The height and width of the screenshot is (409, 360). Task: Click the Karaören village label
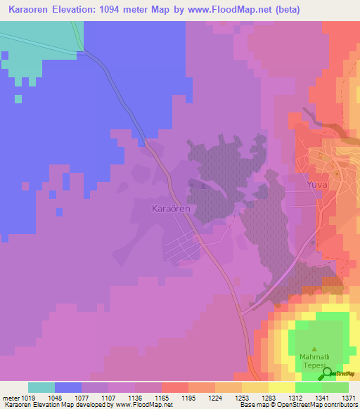click(172, 209)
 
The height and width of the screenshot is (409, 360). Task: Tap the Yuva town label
click(318, 185)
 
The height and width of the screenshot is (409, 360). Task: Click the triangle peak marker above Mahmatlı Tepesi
click(314, 349)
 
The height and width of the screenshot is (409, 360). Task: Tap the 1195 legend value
click(187, 398)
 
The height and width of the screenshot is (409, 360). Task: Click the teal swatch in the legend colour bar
click(41, 387)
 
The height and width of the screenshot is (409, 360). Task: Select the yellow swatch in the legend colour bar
click(281, 387)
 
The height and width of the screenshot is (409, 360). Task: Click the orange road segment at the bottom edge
click(252, 365)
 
